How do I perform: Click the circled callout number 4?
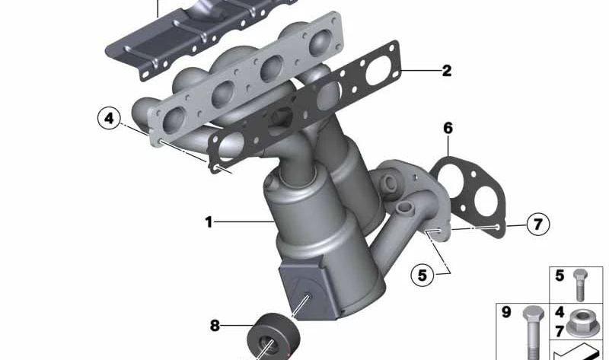(x=109, y=118)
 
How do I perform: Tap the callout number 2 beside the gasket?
(x=447, y=71)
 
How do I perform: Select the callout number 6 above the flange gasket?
(x=448, y=128)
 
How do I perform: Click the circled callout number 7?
(x=538, y=224)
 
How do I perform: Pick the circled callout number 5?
(x=422, y=276)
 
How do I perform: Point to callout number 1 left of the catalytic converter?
(x=209, y=222)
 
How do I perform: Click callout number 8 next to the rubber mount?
(x=215, y=326)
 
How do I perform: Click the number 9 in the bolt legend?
(x=506, y=312)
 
